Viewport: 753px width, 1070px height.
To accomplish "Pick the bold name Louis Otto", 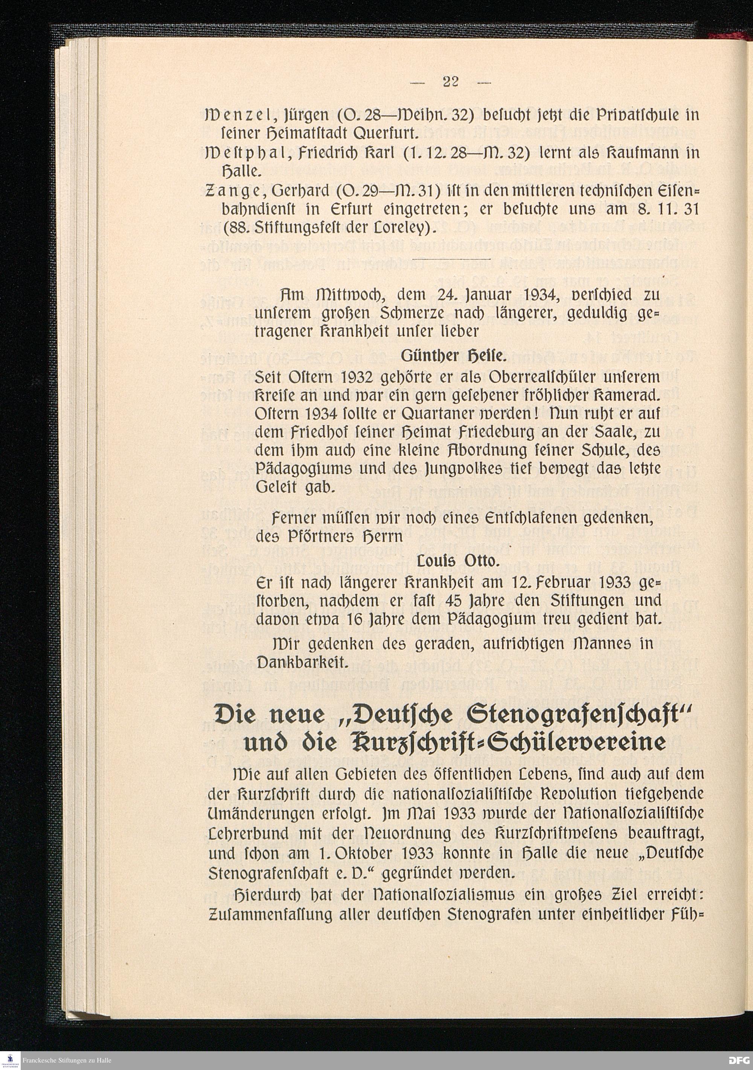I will pos(458,562).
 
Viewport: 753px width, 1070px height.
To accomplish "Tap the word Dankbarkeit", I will pos(303,662).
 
